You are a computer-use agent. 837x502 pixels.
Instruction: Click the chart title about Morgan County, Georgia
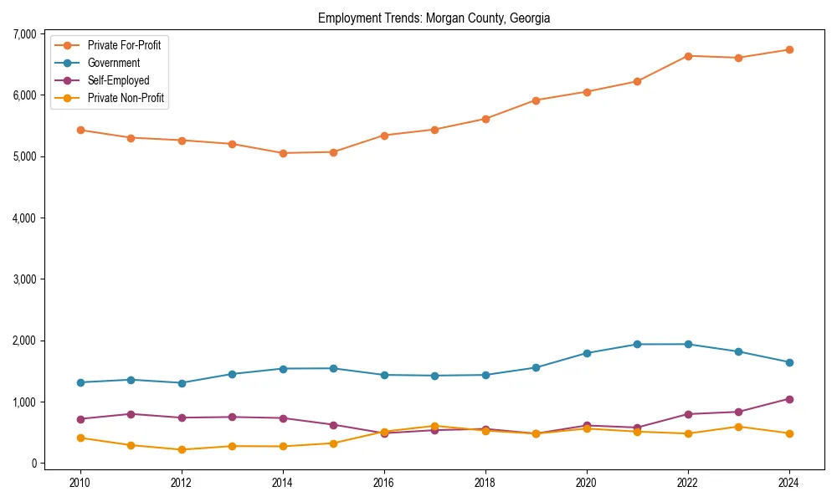pyautogui.click(x=434, y=18)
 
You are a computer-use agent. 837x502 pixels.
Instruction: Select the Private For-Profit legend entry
pyautogui.click(x=124, y=45)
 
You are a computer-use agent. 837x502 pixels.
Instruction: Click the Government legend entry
pyautogui.click(x=113, y=63)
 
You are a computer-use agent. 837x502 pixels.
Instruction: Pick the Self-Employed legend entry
pyautogui.click(x=118, y=80)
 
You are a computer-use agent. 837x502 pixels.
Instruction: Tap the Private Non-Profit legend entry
pyautogui.click(x=126, y=98)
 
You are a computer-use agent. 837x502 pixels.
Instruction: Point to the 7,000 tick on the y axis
pyautogui.click(x=24, y=34)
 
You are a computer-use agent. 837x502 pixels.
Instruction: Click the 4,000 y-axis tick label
pyautogui.click(x=24, y=218)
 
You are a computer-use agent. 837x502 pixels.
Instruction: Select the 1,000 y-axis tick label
pyautogui.click(x=24, y=402)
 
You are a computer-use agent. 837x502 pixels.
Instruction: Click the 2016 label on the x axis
pyautogui.click(x=384, y=483)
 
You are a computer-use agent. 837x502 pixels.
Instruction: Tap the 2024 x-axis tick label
pyautogui.click(x=789, y=483)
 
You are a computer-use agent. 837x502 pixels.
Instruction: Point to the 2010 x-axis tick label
pyautogui.click(x=80, y=483)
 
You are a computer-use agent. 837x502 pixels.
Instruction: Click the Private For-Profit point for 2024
pyautogui.click(x=789, y=50)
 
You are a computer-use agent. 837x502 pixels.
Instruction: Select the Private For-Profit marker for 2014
pyautogui.click(x=283, y=153)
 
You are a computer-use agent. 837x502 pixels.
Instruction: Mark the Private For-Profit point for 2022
pyautogui.click(x=688, y=56)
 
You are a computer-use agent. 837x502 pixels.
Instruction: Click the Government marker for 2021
pyautogui.click(x=637, y=345)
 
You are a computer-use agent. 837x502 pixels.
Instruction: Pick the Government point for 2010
pyautogui.click(x=80, y=382)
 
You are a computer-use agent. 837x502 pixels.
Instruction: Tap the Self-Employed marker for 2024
pyautogui.click(x=789, y=399)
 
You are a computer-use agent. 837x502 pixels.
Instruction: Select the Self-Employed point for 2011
pyautogui.click(x=131, y=414)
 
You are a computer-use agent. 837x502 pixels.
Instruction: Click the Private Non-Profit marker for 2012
pyautogui.click(x=182, y=450)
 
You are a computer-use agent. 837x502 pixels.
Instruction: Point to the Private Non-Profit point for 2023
pyautogui.click(x=738, y=427)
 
